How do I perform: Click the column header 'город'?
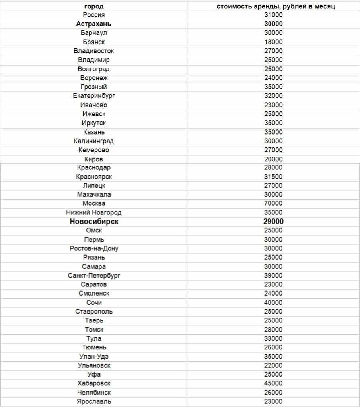[94, 6]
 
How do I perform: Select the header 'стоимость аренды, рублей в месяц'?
[273, 6]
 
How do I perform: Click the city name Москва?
[94, 204]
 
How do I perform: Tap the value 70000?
[273, 204]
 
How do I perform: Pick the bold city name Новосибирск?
[94, 222]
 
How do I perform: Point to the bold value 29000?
[273, 222]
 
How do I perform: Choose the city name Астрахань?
[94, 24]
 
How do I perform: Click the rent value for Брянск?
[273, 42]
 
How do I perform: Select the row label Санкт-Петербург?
[94, 276]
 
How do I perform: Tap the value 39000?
[273, 276]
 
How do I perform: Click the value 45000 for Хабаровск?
[273, 383]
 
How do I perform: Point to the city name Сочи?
[94, 303]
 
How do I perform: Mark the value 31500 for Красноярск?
[273, 177]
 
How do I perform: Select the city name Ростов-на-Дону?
[94, 248]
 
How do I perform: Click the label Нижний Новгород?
[94, 213]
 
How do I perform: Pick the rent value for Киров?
[273, 159]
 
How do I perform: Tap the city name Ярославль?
[94, 401]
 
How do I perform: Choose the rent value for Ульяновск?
[273, 365]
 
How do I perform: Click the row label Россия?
[94, 15]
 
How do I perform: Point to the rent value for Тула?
[273, 339]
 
